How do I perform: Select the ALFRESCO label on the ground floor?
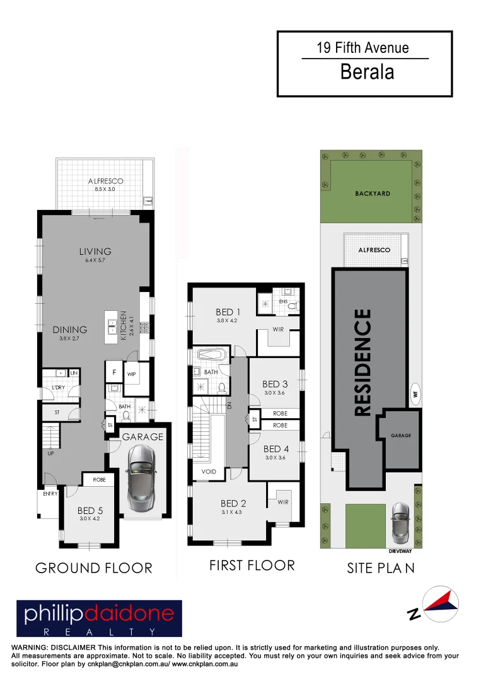(x=105, y=182)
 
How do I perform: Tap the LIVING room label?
(x=95, y=251)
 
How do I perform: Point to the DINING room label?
(x=70, y=329)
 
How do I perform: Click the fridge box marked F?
(x=115, y=371)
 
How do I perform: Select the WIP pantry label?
(x=131, y=374)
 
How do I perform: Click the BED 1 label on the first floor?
(x=228, y=311)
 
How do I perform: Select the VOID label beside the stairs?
(x=209, y=472)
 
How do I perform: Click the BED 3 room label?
(x=275, y=384)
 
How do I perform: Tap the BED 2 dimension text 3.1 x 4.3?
(x=233, y=512)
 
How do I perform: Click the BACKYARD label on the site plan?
(x=372, y=194)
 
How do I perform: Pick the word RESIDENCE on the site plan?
(x=362, y=362)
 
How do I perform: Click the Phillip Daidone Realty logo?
(x=99, y=619)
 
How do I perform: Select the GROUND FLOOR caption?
(x=93, y=568)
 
